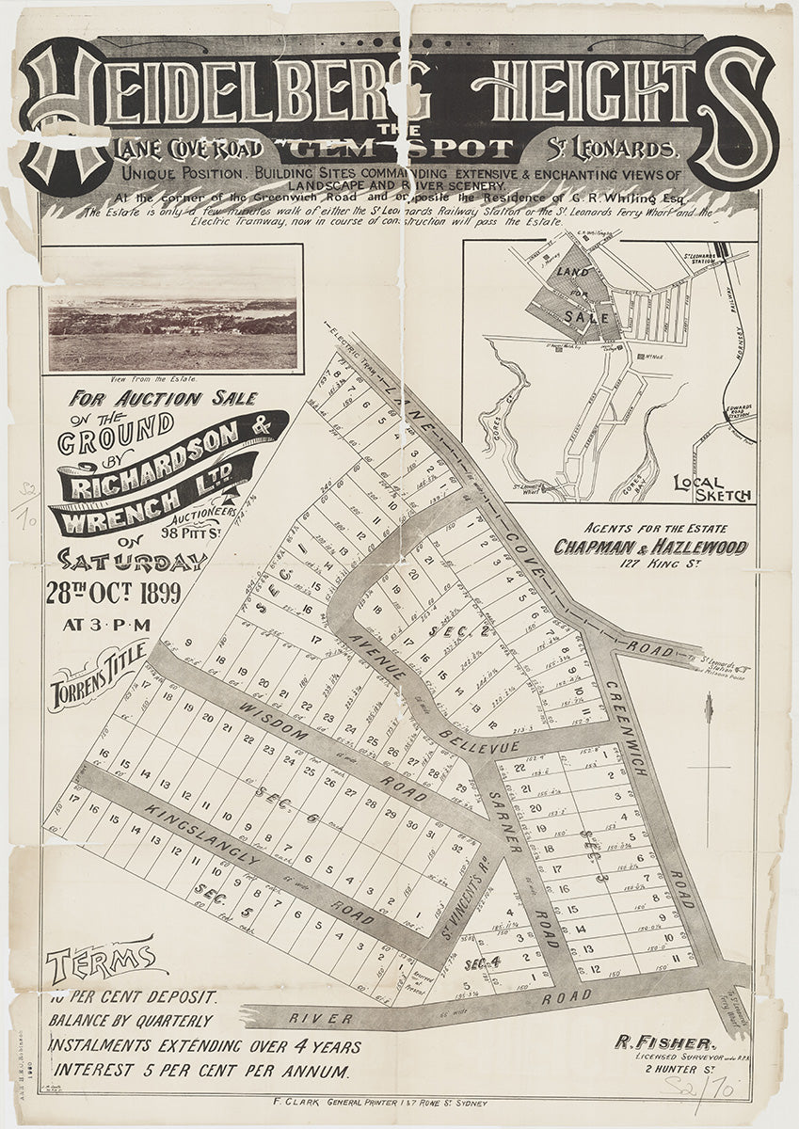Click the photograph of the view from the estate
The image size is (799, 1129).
(172, 322)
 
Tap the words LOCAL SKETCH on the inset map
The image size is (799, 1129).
(711, 487)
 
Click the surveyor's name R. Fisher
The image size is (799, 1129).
(665, 1042)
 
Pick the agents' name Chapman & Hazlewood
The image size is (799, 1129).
(650, 547)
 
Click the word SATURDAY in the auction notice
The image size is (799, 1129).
(132, 560)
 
